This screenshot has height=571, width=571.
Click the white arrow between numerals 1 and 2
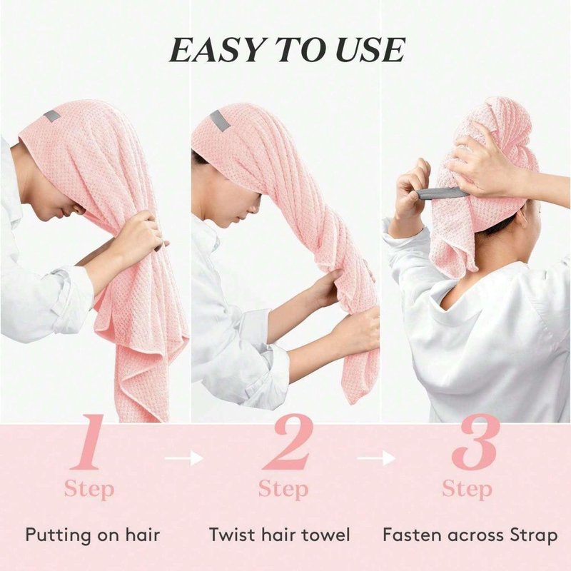coord(184,458)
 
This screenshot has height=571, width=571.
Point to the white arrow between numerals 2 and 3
coord(376,458)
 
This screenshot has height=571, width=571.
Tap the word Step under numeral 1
coord(89,490)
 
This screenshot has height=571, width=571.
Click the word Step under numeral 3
coord(468,490)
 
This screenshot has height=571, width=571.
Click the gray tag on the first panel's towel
coord(52,116)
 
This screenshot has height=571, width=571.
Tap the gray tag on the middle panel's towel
coord(220,121)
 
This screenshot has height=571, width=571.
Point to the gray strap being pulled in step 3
coord(442,193)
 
